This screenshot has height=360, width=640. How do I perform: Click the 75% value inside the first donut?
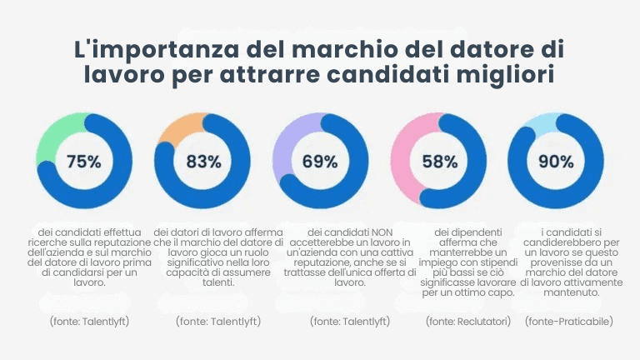(83, 162)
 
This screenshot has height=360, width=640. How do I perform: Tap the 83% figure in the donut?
(203, 162)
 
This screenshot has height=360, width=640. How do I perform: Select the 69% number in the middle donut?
(319, 162)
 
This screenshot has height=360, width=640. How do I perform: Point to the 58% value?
(439, 162)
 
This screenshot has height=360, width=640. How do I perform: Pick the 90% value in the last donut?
(556, 162)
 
